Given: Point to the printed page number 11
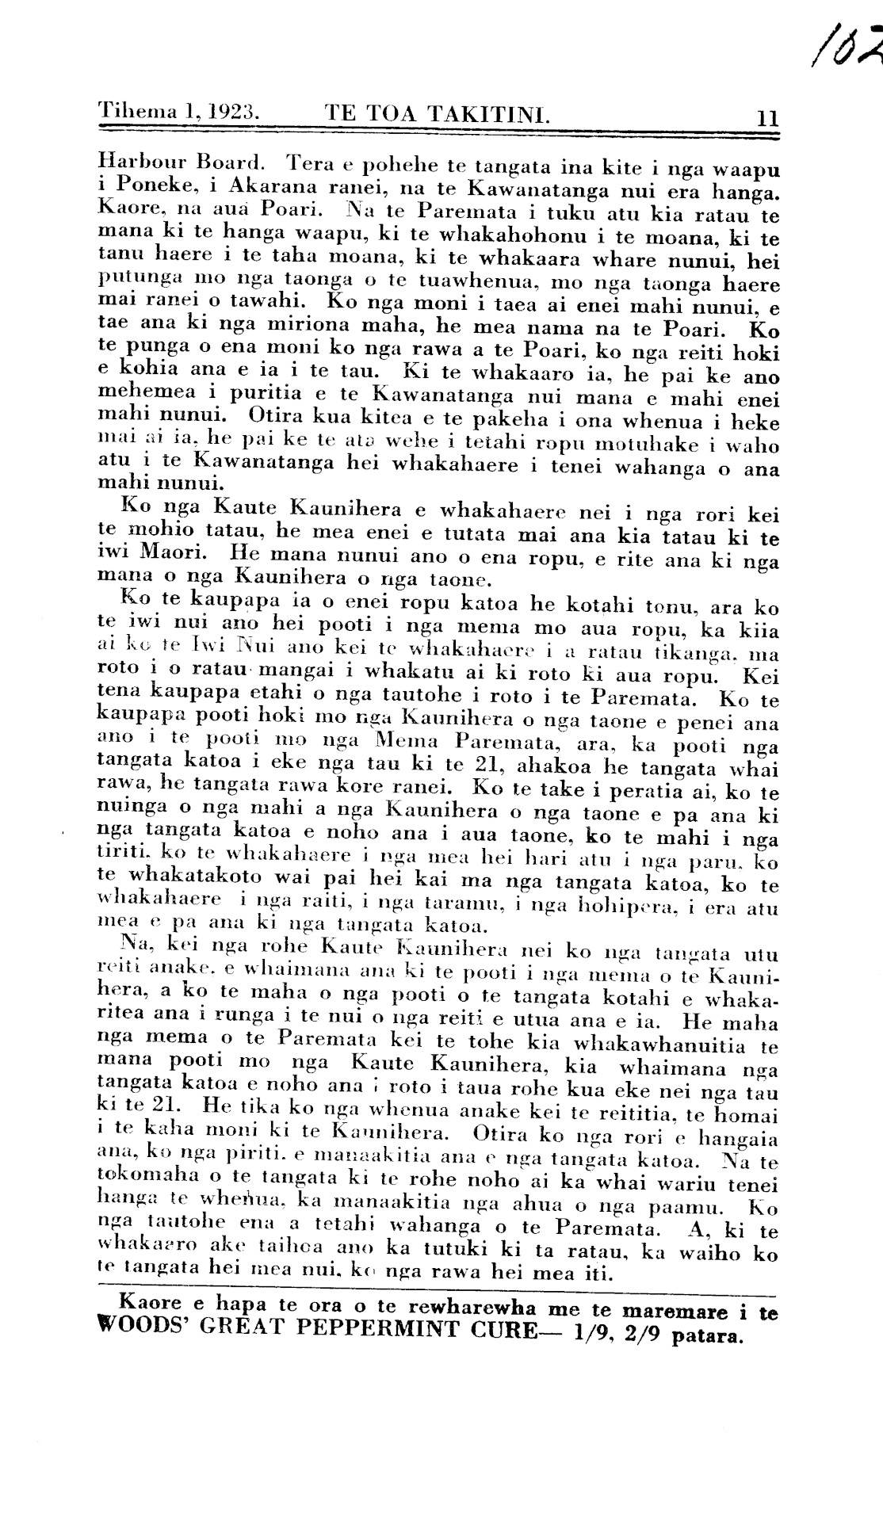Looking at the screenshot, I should click(766, 119).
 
